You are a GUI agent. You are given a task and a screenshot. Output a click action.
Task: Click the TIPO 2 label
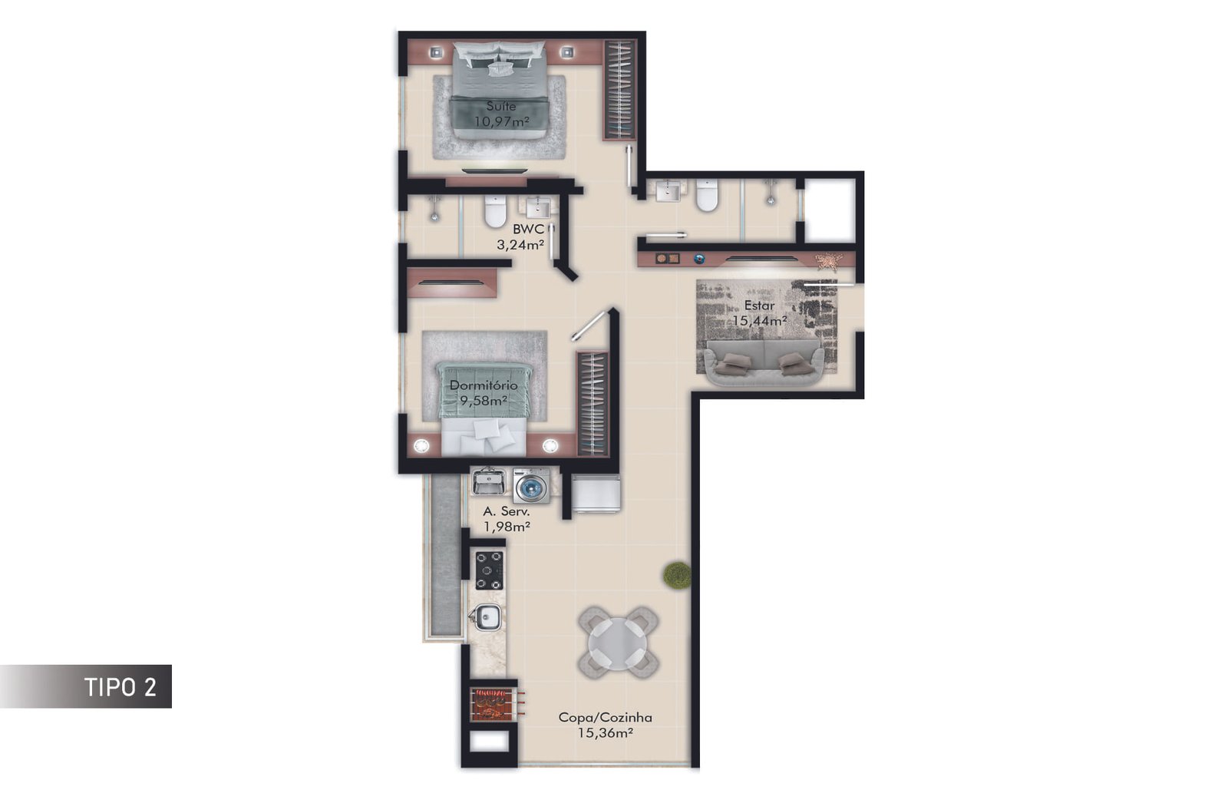tap(120, 687)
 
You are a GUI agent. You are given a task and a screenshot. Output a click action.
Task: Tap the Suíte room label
tap(501, 106)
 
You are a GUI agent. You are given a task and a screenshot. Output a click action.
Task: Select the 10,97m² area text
tap(502, 121)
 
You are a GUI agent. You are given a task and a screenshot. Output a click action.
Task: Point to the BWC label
tap(528, 229)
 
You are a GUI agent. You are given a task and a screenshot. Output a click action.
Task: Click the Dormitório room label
tap(484, 385)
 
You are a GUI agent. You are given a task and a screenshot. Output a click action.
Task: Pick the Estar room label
tap(759, 306)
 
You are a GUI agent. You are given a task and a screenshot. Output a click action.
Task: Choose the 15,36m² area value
tap(606, 732)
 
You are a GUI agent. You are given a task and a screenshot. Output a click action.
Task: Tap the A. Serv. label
tap(507, 512)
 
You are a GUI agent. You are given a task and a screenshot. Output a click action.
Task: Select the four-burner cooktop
tap(489, 570)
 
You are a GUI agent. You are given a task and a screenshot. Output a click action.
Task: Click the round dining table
tap(618, 644)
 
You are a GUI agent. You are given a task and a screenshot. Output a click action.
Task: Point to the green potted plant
tap(677, 575)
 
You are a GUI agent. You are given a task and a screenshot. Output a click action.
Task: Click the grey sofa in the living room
tap(764, 362)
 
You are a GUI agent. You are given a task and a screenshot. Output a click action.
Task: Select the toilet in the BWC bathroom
tap(495, 212)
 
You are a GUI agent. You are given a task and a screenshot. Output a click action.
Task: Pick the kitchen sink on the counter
tap(487, 617)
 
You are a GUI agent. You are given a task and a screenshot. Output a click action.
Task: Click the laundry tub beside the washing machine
tap(489, 481)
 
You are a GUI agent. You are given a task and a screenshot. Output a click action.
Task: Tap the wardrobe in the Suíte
tap(620, 90)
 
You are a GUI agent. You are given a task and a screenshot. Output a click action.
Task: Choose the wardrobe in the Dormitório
tap(593, 405)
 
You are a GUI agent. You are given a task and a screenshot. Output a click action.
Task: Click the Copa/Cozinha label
tap(606, 718)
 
